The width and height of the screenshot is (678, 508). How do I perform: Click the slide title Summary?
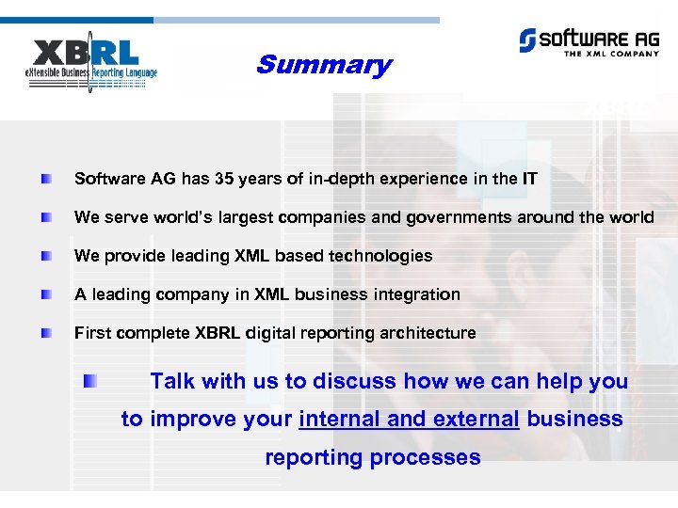pyautogui.click(x=323, y=65)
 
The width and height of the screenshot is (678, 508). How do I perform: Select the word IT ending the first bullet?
pyautogui.click(x=529, y=179)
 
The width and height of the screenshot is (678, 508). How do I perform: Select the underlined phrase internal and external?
pyautogui.click(x=409, y=420)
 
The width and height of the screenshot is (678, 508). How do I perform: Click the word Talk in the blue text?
pyautogui.click(x=173, y=381)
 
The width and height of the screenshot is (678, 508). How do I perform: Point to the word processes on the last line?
pyautogui.click(x=432, y=458)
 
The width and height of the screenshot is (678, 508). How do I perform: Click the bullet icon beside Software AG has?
pyautogui.click(x=46, y=179)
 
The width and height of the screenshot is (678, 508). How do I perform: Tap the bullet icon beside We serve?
pyautogui.click(x=46, y=217)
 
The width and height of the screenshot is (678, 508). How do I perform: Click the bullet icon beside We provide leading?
pyautogui.click(x=46, y=256)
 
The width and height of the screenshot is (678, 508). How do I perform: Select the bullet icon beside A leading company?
pyautogui.click(x=46, y=294)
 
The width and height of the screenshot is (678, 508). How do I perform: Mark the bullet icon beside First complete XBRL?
pyautogui.click(x=46, y=333)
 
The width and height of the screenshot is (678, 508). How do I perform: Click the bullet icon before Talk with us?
pyautogui.click(x=89, y=381)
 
